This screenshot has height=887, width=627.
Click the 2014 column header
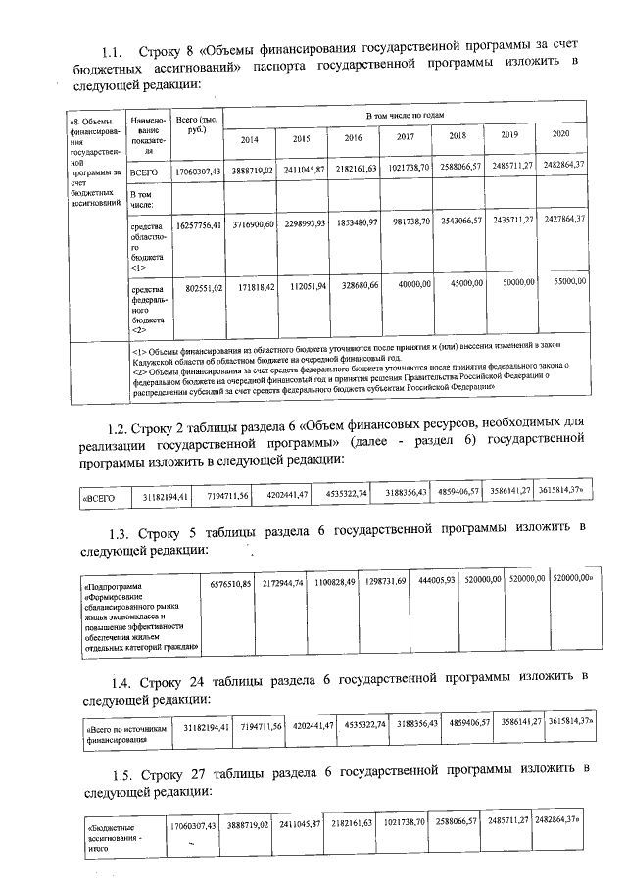click(250, 139)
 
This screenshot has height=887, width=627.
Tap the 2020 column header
click(560, 132)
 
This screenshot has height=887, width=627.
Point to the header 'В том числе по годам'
click(405, 116)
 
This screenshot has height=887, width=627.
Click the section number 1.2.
click(117, 426)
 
